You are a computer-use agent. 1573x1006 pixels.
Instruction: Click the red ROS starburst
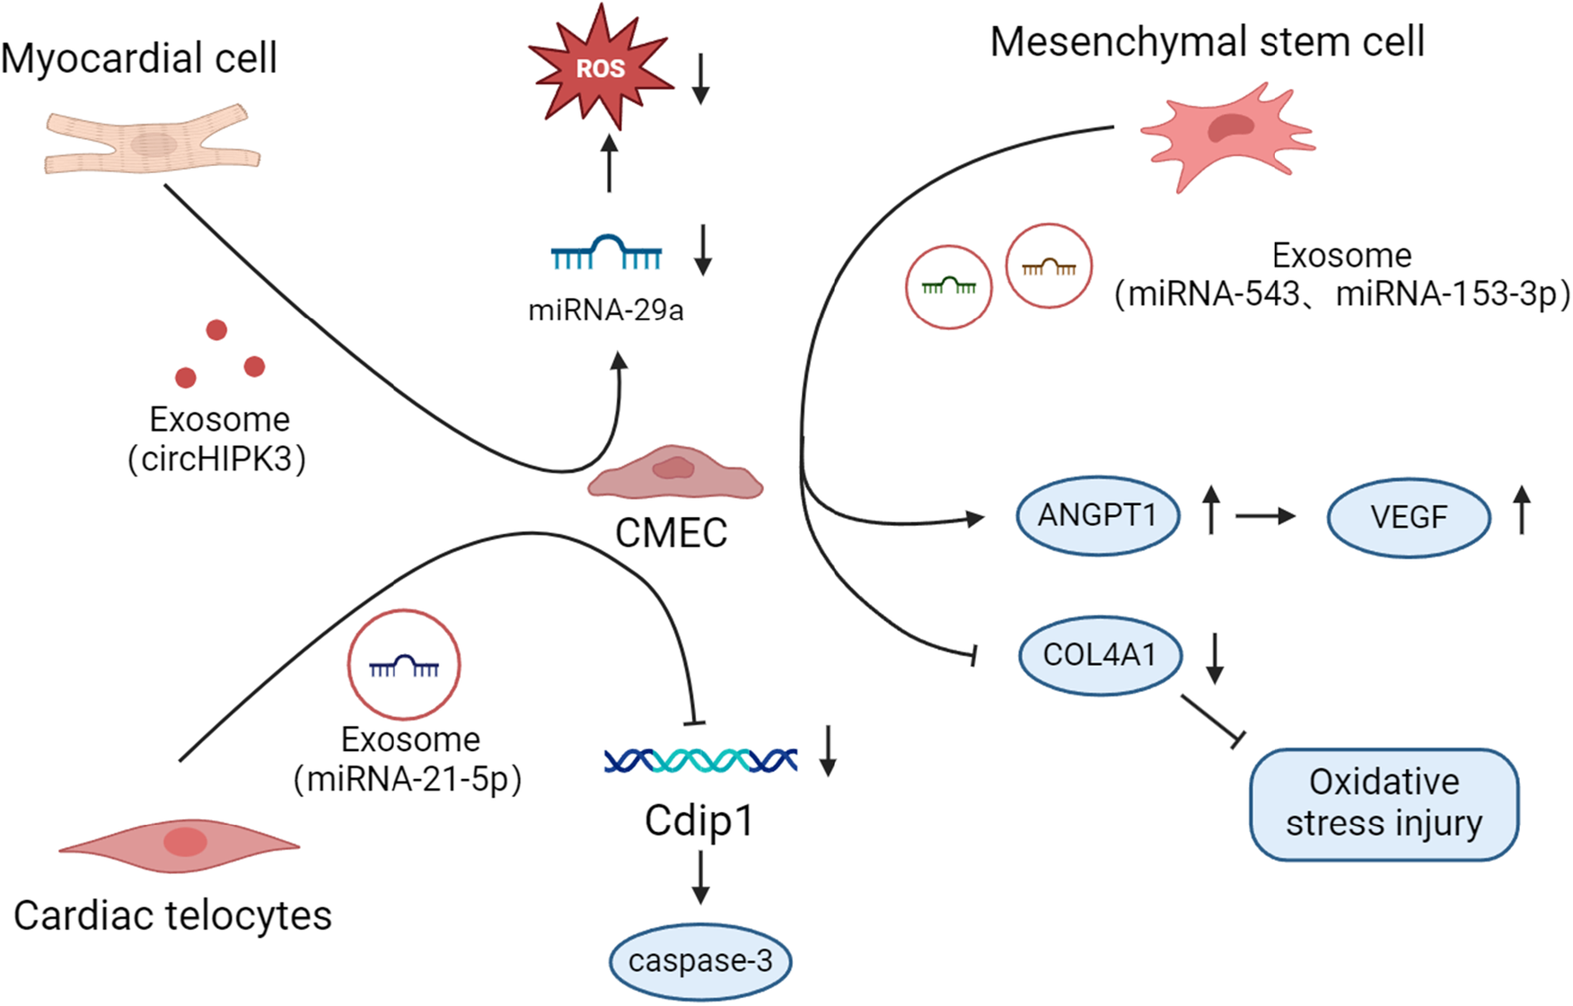point(600,68)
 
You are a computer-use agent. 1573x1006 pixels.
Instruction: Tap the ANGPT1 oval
point(1097,516)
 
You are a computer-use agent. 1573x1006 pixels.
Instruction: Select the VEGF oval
point(1408,517)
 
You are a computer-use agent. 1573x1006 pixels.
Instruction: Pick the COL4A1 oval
point(1100,655)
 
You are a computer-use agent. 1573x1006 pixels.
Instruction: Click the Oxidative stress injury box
point(1384,804)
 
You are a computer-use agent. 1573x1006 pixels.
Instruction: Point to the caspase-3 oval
point(700,961)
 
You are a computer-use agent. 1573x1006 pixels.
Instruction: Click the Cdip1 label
point(699,820)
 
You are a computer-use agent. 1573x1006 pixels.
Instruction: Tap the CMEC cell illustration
point(675,473)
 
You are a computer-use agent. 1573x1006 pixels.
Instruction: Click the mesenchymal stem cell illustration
point(1228,135)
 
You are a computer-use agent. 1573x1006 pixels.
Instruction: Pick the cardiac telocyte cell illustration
point(180,844)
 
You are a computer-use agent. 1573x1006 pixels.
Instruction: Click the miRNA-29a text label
point(605,311)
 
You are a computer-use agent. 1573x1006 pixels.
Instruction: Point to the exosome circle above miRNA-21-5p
point(404,665)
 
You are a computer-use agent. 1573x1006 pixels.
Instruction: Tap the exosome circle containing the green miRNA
point(948,287)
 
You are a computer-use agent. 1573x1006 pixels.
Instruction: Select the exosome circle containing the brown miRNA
point(1049,267)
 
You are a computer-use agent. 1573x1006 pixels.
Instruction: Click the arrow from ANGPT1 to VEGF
point(1265,516)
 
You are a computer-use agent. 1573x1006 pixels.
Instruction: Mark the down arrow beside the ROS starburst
point(701,79)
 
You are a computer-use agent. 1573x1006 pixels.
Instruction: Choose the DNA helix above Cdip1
point(700,761)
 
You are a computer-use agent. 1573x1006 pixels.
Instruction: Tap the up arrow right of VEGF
point(1522,510)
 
